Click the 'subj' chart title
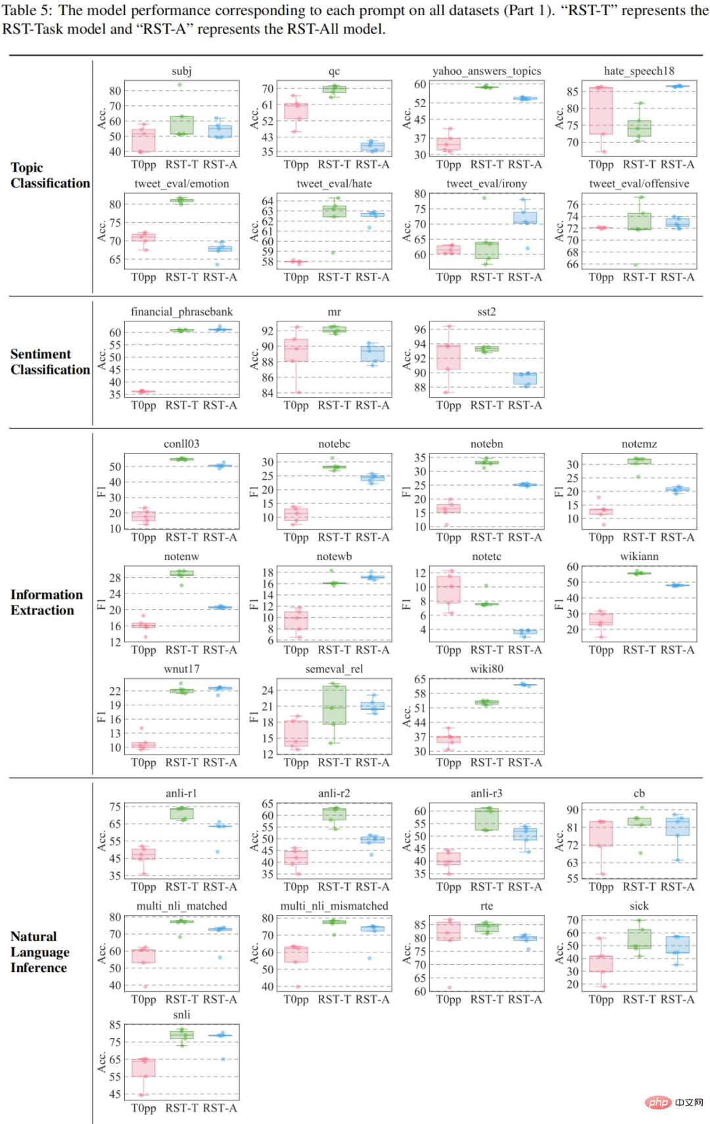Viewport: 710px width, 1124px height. pos(181,71)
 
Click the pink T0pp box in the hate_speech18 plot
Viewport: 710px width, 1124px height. pos(601,110)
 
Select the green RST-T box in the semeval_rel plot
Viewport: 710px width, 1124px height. pos(334,705)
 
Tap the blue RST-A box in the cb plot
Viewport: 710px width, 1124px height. pos(677,827)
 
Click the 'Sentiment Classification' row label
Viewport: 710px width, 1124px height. pos(50,362)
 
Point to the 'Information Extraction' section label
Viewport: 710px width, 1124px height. pos(47,602)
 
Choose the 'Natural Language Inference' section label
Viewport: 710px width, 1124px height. pos(39,952)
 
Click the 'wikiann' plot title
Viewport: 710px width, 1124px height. pos(639,557)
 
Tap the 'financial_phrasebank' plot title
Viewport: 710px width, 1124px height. pos(181,312)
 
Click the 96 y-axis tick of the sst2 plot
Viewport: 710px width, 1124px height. pos(420,330)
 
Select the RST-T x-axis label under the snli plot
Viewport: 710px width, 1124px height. pos(181,1108)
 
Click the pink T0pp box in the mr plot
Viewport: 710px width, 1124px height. pos(296,350)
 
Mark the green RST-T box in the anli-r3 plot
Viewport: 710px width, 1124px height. pos(486,819)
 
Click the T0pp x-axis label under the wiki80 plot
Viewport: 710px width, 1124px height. pos(448,762)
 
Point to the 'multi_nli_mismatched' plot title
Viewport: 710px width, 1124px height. pos(334,906)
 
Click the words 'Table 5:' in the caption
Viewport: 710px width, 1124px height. pos(27,11)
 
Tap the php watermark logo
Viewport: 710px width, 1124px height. pos(658,1102)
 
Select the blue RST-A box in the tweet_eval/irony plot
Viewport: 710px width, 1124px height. pos(525,218)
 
